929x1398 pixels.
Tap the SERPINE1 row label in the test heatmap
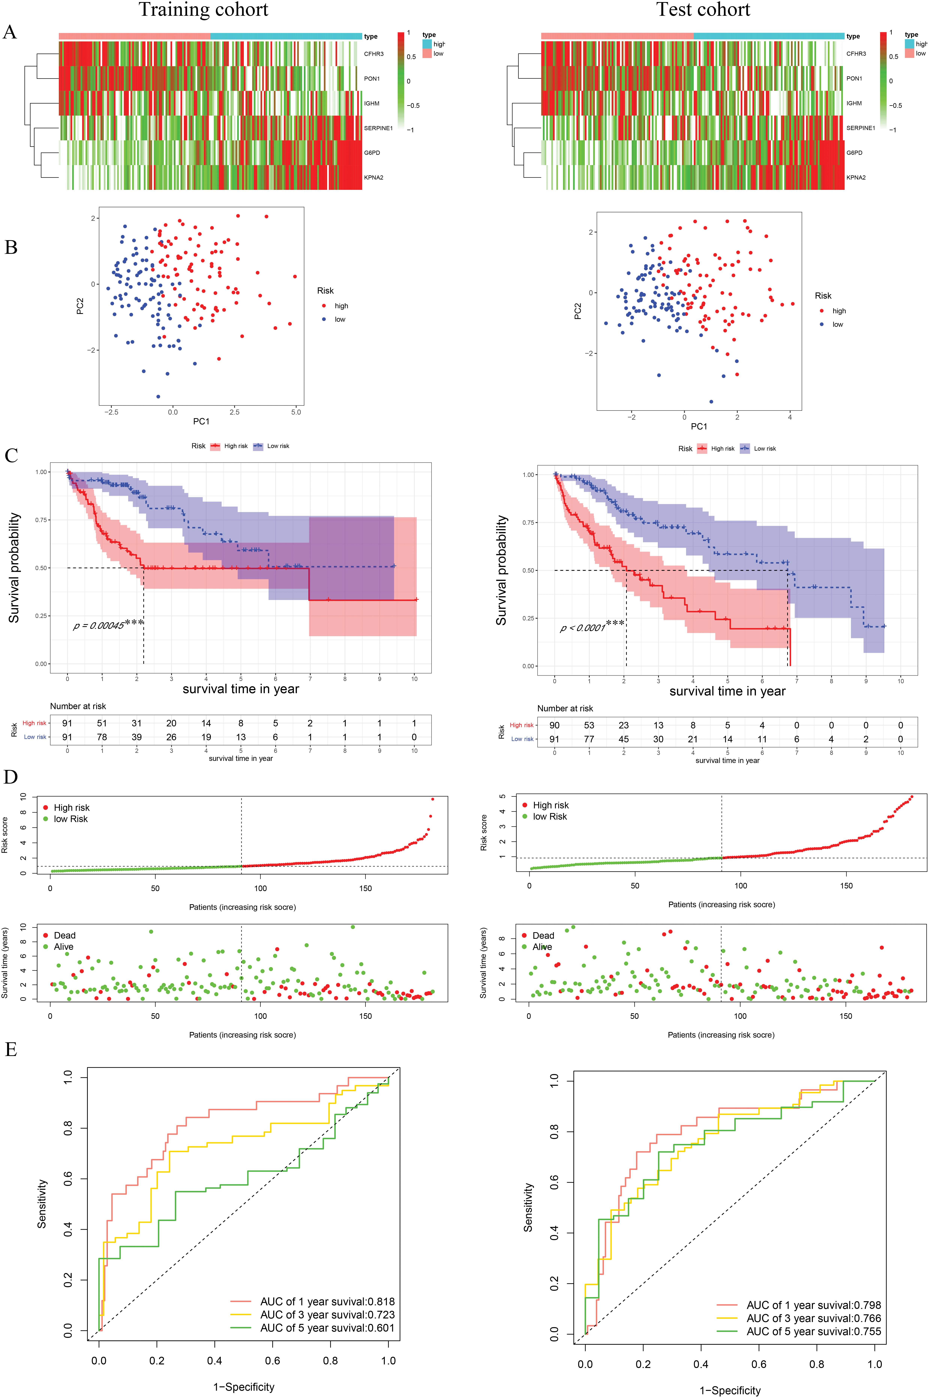point(860,128)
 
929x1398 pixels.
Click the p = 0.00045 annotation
point(99,626)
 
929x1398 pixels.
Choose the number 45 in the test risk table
point(623,739)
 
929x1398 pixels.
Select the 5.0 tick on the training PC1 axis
point(296,412)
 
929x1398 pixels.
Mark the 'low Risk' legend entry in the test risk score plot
point(549,817)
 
